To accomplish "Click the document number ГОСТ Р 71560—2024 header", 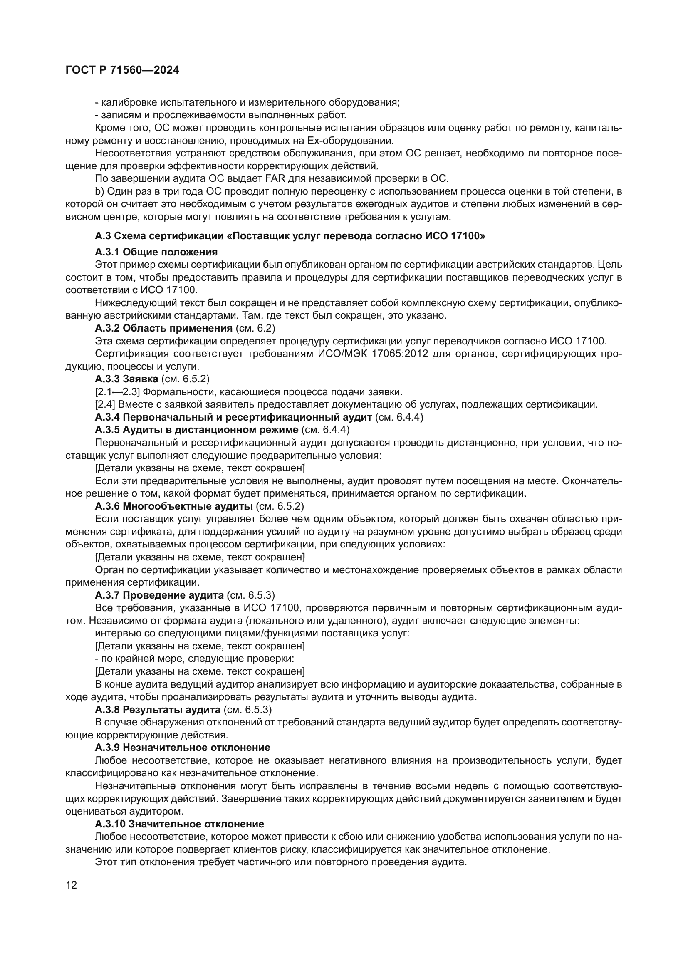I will click(122, 70).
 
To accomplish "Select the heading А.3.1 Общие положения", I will click(156, 252).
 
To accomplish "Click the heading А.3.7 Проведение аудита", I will click(159, 595).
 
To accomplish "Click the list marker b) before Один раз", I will click(99, 191).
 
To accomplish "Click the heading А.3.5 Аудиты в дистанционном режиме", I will click(197, 430).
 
